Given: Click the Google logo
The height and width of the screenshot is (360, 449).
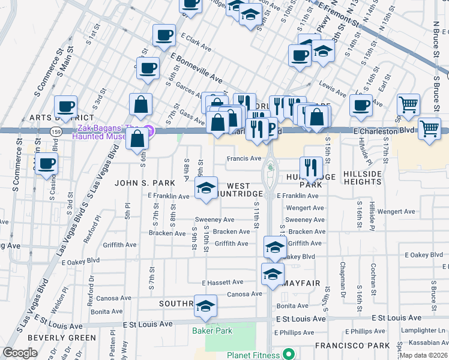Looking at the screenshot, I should pos(20,353).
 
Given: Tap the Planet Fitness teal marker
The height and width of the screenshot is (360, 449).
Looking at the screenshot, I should pos(288,355).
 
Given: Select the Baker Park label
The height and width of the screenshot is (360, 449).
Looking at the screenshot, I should pos(211,331).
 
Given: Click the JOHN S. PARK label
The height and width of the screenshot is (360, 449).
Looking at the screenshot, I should pos(145,182).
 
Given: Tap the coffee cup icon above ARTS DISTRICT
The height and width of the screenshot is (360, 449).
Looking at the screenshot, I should pos(66,107).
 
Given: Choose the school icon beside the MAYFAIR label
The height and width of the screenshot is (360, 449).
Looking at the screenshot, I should pos(273,274).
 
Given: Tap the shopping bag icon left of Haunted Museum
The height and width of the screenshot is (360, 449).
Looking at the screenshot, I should pos(138,139).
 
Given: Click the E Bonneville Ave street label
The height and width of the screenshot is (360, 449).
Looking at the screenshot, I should pos(196,67).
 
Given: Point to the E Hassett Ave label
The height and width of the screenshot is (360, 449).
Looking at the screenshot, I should pos(223,282).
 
